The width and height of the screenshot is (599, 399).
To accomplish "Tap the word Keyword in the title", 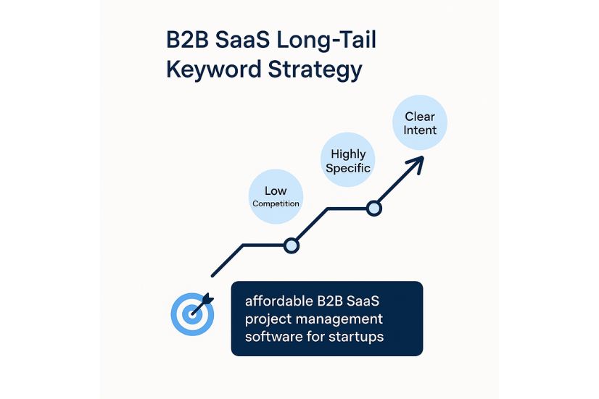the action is pyautogui.click(x=214, y=69).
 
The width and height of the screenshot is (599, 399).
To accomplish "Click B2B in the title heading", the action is pyautogui.click(x=187, y=40).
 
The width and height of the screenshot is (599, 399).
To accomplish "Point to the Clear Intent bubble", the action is pyautogui.click(x=420, y=122).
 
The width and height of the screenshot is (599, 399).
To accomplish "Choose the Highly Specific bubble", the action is pyautogui.click(x=347, y=159).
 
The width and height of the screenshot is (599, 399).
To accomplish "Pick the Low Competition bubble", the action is pyautogui.click(x=276, y=196).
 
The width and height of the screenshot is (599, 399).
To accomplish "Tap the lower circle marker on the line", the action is pyautogui.click(x=291, y=245).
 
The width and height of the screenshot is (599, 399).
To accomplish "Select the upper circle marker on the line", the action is pyautogui.click(x=374, y=209).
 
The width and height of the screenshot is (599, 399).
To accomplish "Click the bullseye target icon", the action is pyautogui.click(x=193, y=314).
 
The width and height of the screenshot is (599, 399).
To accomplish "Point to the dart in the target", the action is pyautogui.click(x=202, y=304).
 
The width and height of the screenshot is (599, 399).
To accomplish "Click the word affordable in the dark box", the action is pyautogui.click(x=279, y=301).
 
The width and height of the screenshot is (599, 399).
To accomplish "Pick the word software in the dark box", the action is pyautogui.click(x=273, y=337).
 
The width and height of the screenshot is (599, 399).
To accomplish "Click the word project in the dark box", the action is pyautogui.click(x=268, y=319).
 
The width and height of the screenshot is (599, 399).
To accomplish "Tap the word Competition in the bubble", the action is pyautogui.click(x=276, y=203).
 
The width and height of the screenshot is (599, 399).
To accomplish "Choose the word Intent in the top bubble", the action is pyautogui.click(x=420, y=130).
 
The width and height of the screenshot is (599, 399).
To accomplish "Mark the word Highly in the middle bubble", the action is pyautogui.click(x=348, y=154).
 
